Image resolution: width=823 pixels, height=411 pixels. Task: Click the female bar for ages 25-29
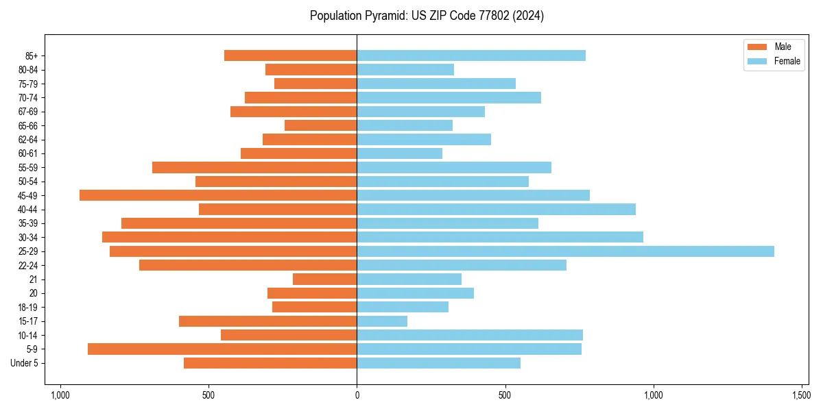(565, 251)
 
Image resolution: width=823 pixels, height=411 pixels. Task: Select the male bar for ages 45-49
(218, 195)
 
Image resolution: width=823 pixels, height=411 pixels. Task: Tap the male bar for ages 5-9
(222, 349)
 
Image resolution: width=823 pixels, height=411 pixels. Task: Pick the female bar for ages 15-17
(382, 321)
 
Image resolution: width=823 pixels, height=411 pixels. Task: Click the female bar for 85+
(471, 55)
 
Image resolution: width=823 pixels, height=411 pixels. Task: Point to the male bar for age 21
(324, 279)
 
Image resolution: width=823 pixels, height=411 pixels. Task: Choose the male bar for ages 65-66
(320, 125)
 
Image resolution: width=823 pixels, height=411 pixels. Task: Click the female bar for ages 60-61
(399, 153)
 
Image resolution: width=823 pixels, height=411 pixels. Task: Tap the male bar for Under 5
(270, 363)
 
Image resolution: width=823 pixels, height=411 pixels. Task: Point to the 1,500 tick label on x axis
(802, 395)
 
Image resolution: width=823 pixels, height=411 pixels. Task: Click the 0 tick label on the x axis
(357, 395)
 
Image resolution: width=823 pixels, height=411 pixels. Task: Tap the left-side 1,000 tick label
(60, 395)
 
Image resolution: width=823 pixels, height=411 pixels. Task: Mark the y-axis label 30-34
(32, 238)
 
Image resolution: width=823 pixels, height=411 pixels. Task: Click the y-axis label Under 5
(25, 363)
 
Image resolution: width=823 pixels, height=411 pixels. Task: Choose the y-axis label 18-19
(32, 308)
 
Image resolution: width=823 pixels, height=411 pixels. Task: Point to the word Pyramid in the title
(383, 16)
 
